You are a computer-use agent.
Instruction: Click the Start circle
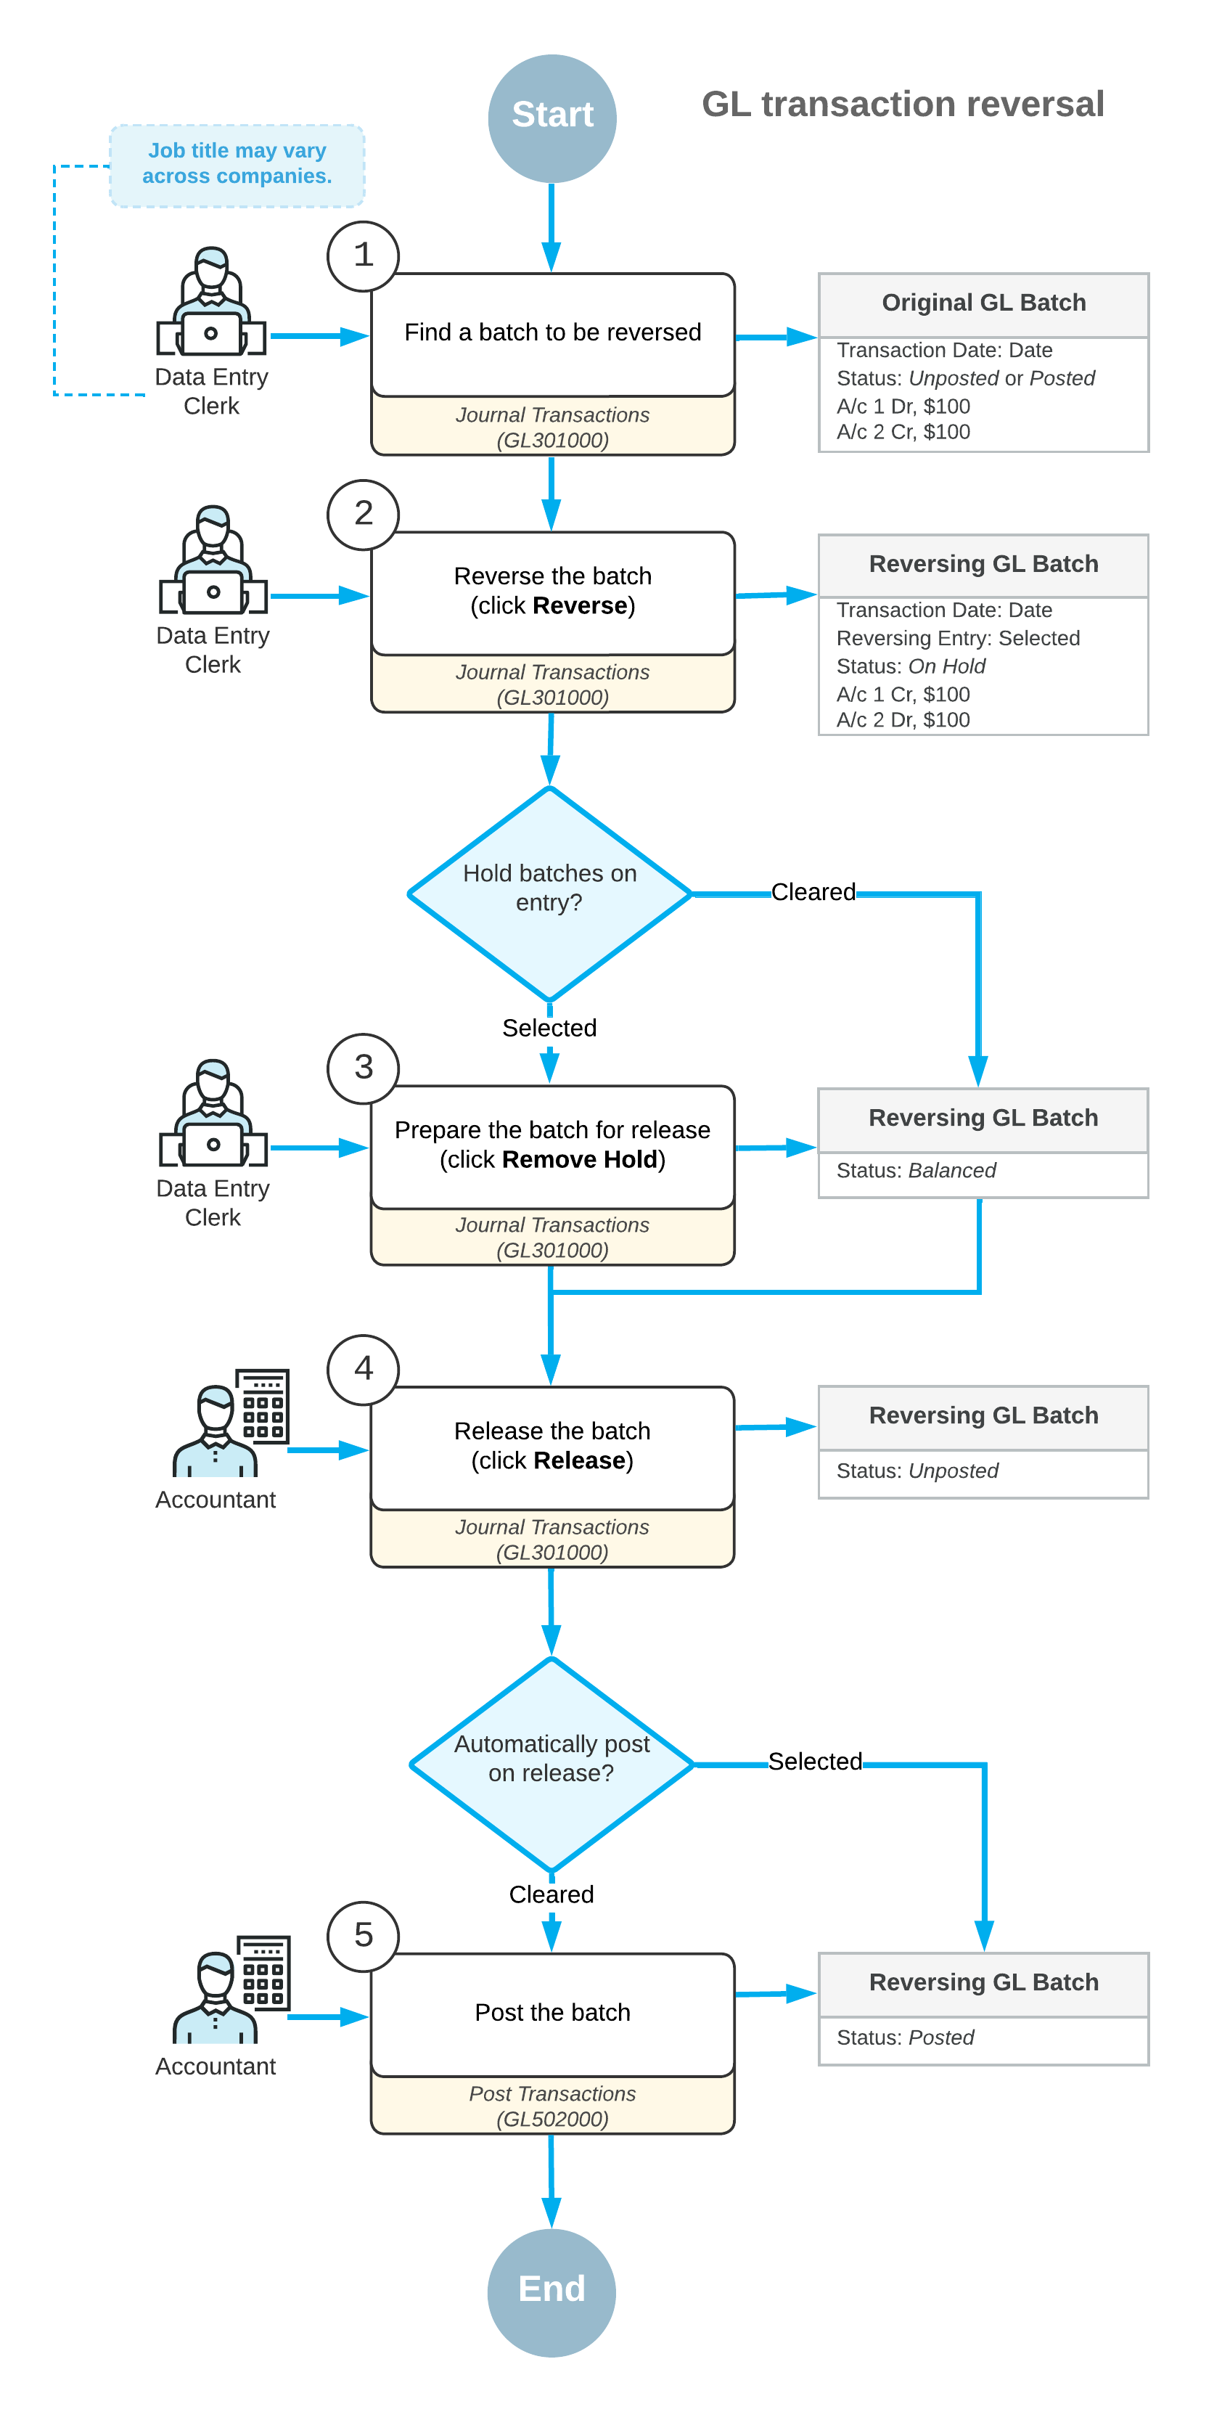552,118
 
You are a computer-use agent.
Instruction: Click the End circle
552,2292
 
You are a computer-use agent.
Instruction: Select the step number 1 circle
364,255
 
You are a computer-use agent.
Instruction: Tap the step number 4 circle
364,1369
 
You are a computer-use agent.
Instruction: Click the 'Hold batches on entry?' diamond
550,894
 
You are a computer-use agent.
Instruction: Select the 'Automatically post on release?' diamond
552,1763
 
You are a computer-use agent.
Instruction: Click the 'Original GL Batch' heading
984,303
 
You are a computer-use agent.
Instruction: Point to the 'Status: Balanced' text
916,1169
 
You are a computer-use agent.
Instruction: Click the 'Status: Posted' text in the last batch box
905,2037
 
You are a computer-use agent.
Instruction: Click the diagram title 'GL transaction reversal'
903,104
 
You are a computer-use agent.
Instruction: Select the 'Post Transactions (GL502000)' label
552,2105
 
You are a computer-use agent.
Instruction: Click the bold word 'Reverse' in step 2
579,606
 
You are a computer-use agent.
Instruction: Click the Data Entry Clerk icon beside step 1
212,301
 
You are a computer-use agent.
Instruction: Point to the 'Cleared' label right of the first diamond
813,891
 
